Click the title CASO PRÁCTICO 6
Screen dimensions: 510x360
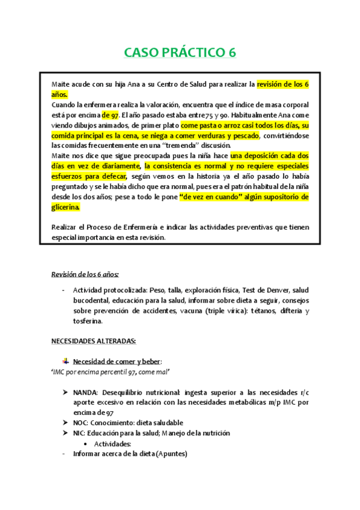coord(180,53)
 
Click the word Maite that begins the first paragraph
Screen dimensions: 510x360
coord(62,84)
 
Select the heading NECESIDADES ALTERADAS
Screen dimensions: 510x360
coord(93,341)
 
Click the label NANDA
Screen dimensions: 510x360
coord(87,392)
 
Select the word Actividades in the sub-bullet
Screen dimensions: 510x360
coord(114,443)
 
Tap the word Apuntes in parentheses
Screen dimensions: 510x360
coord(171,453)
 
